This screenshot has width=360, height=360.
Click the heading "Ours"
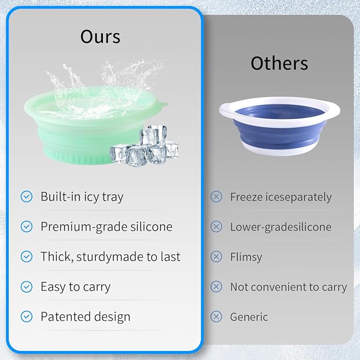click(x=100, y=37)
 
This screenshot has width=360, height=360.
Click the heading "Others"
click(x=279, y=63)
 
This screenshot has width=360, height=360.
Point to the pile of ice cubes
click(x=144, y=147)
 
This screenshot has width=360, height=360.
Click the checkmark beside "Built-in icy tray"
click(x=27, y=197)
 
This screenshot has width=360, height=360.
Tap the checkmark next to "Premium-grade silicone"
click(x=27, y=227)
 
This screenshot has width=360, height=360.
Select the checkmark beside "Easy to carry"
click(x=27, y=287)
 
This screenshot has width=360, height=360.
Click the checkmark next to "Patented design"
click(x=27, y=317)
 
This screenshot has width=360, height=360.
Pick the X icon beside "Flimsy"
click(x=216, y=257)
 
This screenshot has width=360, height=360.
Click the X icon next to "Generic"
click(x=216, y=317)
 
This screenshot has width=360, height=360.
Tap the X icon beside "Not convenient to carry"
click(x=216, y=287)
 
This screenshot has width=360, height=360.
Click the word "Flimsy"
click(x=246, y=257)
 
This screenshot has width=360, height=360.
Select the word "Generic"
click(x=249, y=317)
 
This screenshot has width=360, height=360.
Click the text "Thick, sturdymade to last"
click(x=110, y=257)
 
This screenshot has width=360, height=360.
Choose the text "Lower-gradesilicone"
click(x=280, y=227)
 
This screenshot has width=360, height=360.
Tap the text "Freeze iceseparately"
click(x=280, y=197)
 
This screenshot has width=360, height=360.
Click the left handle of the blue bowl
click(x=226, y=110)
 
